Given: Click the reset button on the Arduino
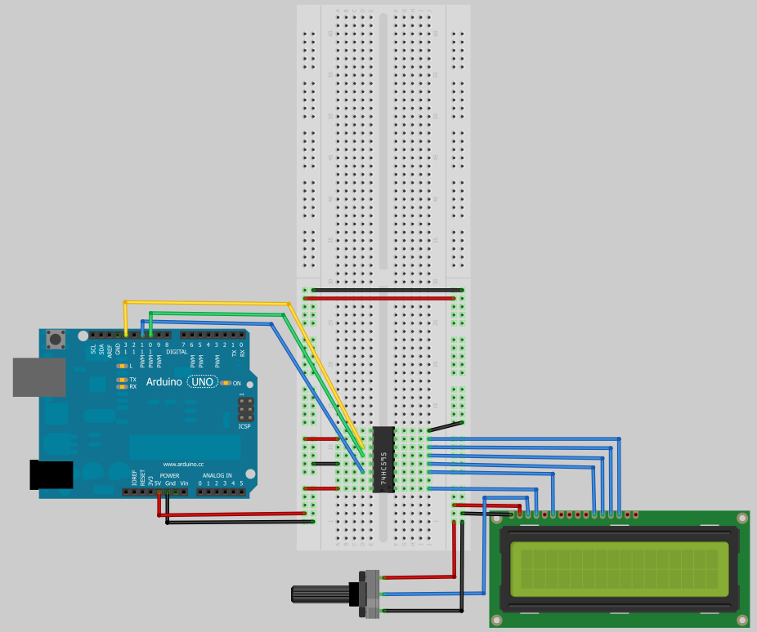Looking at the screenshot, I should [56, 338].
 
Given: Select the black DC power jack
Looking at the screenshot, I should [51, 475].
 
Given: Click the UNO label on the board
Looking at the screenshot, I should [202, 382].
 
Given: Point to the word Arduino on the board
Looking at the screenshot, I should [164, 382].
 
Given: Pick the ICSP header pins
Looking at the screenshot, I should [244, 408].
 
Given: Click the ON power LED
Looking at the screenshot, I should [225, 383].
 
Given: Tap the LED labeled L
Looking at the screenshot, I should [122, 366].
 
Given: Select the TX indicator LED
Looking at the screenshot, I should [122, 379].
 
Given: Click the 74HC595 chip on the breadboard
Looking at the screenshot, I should [383, 459].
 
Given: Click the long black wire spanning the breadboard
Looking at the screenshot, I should [384, 289].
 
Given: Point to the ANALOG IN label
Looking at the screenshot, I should [217, 475].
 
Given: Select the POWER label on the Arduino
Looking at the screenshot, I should [169, 475].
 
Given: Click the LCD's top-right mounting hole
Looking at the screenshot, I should [741, 519].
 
